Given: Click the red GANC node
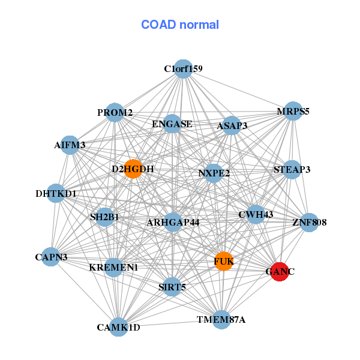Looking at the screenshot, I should (280, 272).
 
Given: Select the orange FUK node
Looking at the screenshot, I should (223, 262).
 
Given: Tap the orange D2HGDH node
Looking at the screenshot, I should (133, 169).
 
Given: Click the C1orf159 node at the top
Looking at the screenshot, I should (183, 69).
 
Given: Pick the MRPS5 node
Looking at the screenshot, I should (293, 112).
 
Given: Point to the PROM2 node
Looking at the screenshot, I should (115, 113).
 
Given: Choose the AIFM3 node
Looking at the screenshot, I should (70, 145).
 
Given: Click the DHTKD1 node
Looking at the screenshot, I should (56, 194).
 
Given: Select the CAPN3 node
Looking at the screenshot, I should (51, 257).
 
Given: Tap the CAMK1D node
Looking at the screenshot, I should (119, 327).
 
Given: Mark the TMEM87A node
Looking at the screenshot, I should (221, 319).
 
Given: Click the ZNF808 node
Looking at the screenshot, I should (309, 223).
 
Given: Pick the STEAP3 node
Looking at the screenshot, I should (292, 170).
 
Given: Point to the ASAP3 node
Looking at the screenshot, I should (232, 126).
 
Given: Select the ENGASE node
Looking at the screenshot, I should (172, 124).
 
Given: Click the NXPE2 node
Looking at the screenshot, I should (214, 173).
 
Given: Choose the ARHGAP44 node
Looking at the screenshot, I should (173, 223).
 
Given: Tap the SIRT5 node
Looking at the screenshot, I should (172, 287).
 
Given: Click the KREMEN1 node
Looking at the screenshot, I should (114, 267).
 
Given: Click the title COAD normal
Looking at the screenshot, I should (180, 25).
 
